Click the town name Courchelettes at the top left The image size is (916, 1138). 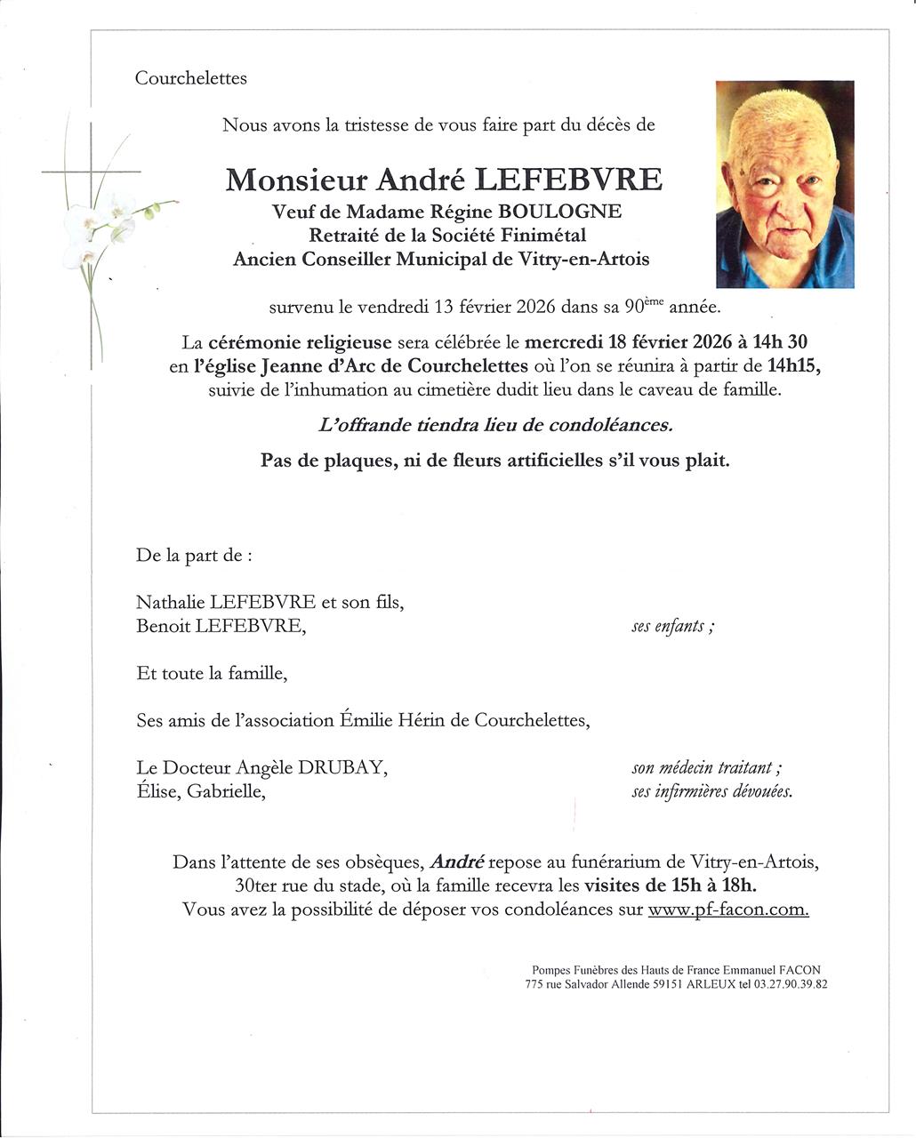(x=190, y=78)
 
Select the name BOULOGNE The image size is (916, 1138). (x=573, y=212)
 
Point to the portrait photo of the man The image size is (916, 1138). (x=784, y=184)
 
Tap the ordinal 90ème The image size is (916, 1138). (x=643, y=308)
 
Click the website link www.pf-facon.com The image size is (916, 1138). (x=728, y=910)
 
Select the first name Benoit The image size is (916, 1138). (x=163, y=626)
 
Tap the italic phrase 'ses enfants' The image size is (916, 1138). (x=672, y=627)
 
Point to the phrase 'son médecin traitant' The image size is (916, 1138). (x=706, y=768)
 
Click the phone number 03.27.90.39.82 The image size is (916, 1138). (x=791, y=985)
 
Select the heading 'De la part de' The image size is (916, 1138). (x=193, y=556)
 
